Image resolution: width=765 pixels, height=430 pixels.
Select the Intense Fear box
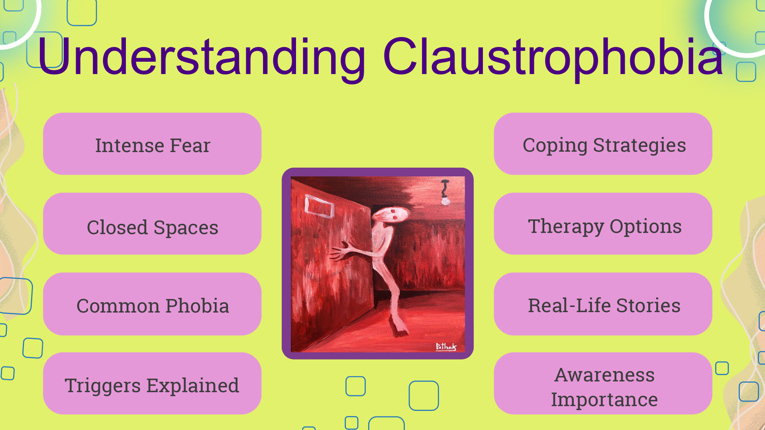coord(152,144)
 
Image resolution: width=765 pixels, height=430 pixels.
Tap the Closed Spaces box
coord(152,224)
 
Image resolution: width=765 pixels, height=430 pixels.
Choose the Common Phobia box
coord(152,304)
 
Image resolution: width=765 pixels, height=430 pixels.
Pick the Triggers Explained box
coord(152,383)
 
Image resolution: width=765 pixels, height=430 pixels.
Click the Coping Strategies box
coord(603,144)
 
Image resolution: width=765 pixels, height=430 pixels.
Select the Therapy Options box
coord(603,224)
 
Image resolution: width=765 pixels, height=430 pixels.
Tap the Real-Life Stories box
coord(603,304)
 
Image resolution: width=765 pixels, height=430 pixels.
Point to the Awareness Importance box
coord(603,383)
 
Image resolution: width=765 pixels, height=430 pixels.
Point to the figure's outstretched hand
coord(340,251)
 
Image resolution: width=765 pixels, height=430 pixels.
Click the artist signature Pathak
coord(446,346)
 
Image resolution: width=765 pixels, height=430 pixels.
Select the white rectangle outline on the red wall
coord(319,206)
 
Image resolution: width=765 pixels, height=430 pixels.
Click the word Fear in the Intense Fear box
coord(190,145)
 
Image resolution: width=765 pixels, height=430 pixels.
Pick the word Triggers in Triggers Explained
coord(103,386)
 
